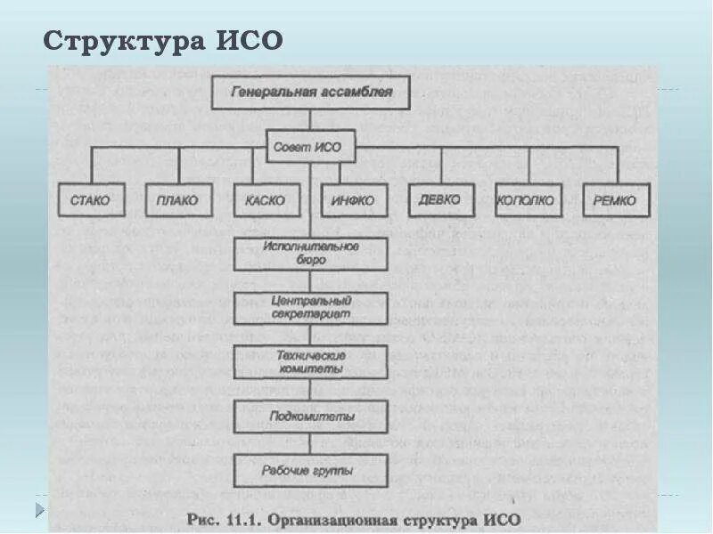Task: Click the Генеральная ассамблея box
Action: (311, 93)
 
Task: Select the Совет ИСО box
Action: (311, 146)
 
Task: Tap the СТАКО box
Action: (90, 200)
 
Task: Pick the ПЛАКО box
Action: (178, 200)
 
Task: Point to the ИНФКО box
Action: (353, 200)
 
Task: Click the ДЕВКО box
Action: (440, 199)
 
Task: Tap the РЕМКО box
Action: (615, 200)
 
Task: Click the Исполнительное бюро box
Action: (311, 254)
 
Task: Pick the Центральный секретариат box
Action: (311, 308)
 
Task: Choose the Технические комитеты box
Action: (311, 362)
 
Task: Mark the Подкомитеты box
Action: (311, 416)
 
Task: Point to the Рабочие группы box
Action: (311, 469)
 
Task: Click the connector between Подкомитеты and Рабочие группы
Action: (311, 442)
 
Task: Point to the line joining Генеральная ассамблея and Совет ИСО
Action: (311, 119)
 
